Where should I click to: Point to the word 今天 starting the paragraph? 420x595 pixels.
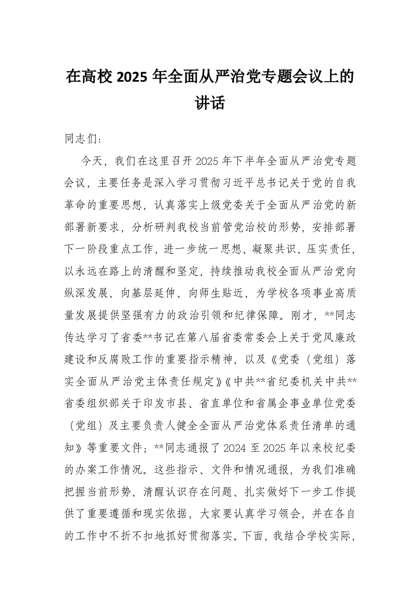pyautogui.click(x=92, y=160)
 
